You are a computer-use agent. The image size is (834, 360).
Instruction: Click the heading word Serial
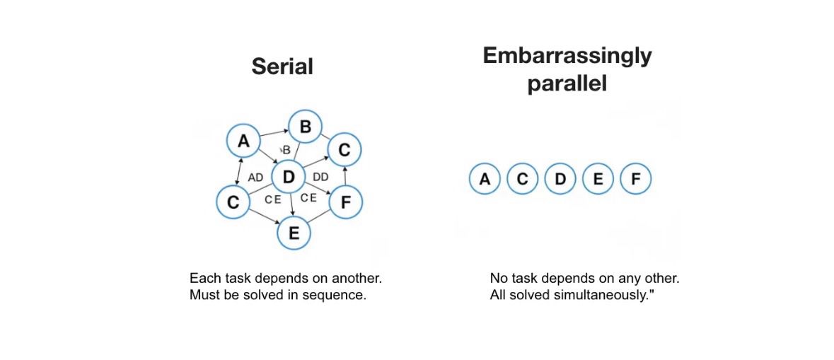point(282,66)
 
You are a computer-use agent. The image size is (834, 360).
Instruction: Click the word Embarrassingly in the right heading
point(567,57)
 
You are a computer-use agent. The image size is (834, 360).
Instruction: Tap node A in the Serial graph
point(243,141)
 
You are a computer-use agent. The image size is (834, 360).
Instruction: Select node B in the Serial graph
point(306,127)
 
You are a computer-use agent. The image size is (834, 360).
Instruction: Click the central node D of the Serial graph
point(288,177)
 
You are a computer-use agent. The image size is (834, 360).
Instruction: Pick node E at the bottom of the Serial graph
point(294,233)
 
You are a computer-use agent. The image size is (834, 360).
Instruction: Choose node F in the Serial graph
point(345,202)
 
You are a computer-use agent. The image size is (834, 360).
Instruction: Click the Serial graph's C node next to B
point(344,150)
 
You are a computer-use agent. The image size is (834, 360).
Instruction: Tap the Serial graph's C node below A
point(233,202)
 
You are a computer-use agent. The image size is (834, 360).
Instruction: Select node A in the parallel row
point(485,180)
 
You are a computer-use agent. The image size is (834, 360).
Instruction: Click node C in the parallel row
point(522,180)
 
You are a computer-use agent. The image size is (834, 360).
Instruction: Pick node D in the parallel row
point(560,180)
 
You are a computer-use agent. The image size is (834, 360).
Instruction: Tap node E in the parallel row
point(598,180)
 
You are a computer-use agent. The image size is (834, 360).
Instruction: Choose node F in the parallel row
point(635,180)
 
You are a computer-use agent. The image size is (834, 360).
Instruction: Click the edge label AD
point(255,178)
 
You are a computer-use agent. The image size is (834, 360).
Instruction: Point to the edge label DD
point(320,178)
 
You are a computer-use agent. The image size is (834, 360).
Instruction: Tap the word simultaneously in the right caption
point(606,295)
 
